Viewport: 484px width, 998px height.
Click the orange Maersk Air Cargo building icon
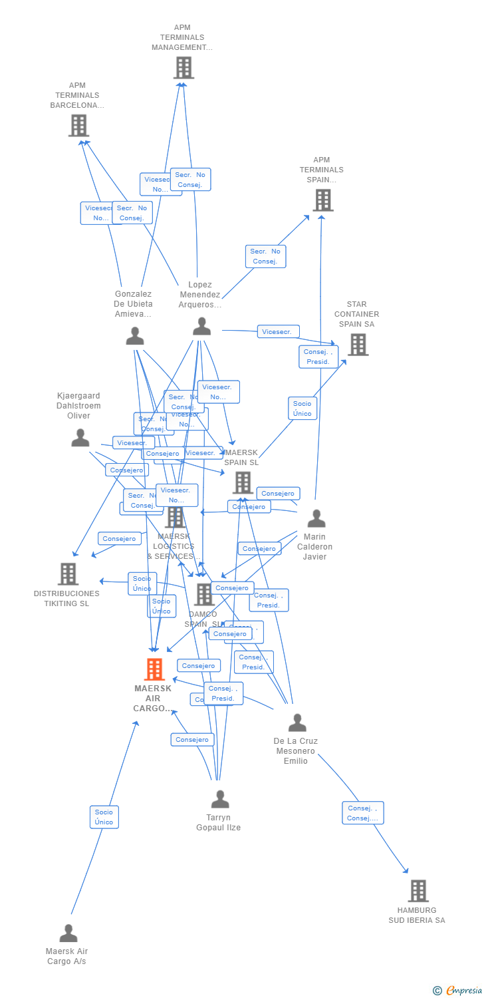tap(154, 669)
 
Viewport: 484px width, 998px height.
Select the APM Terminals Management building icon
tap(183, 68)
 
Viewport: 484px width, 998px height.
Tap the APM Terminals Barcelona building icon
tap(78, 125)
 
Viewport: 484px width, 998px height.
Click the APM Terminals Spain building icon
tap(322, 200)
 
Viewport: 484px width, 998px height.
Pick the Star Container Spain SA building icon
tap(358, 345)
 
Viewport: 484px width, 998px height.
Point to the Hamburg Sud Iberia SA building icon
tap(418, 890)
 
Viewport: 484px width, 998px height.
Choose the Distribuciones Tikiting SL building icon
tap(68, 574)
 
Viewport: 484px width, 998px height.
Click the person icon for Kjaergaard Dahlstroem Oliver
tap(80, 438)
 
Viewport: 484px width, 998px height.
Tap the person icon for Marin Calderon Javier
tap(316, 518)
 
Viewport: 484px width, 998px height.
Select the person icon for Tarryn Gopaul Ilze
tap(219, 798)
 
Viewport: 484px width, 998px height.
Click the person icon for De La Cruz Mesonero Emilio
tap(297, 723)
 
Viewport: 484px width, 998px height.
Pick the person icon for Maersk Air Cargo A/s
tap(68, 933)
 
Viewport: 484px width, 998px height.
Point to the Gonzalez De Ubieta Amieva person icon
tap(135, 336)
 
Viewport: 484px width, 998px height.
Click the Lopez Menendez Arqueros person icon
tap(201, 326)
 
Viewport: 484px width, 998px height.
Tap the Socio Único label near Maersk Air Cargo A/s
tap(104, 817)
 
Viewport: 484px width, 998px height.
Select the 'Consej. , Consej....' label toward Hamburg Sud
tap(362, 813)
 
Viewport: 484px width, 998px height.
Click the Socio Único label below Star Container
tap(302, 409)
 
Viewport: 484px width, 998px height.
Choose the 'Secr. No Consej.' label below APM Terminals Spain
tap(265, 256)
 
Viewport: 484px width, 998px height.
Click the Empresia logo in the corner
tap(458, 991)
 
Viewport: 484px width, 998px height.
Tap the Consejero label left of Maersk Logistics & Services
tap(120, 538)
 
